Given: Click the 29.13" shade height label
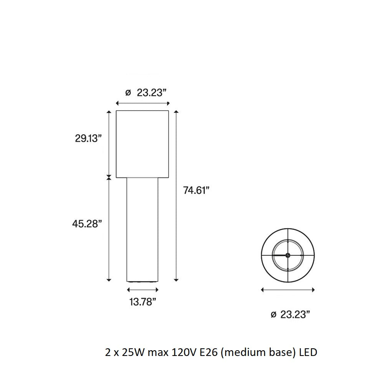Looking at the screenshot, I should coord(88,139).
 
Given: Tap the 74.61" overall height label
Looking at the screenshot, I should coord(196,190).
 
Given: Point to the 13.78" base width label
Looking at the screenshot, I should coord(142,302).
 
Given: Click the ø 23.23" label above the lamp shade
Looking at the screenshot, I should coord(146,93).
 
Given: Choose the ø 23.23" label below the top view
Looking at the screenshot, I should coord(290,314).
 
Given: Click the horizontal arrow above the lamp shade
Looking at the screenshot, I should coord(142,103).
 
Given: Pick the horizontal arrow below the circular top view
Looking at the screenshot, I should coord(288,290).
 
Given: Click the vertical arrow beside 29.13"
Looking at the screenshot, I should coord(109,144).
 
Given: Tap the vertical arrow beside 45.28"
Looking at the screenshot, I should coord(109,230).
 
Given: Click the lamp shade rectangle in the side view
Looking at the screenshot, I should coord(142,144).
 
